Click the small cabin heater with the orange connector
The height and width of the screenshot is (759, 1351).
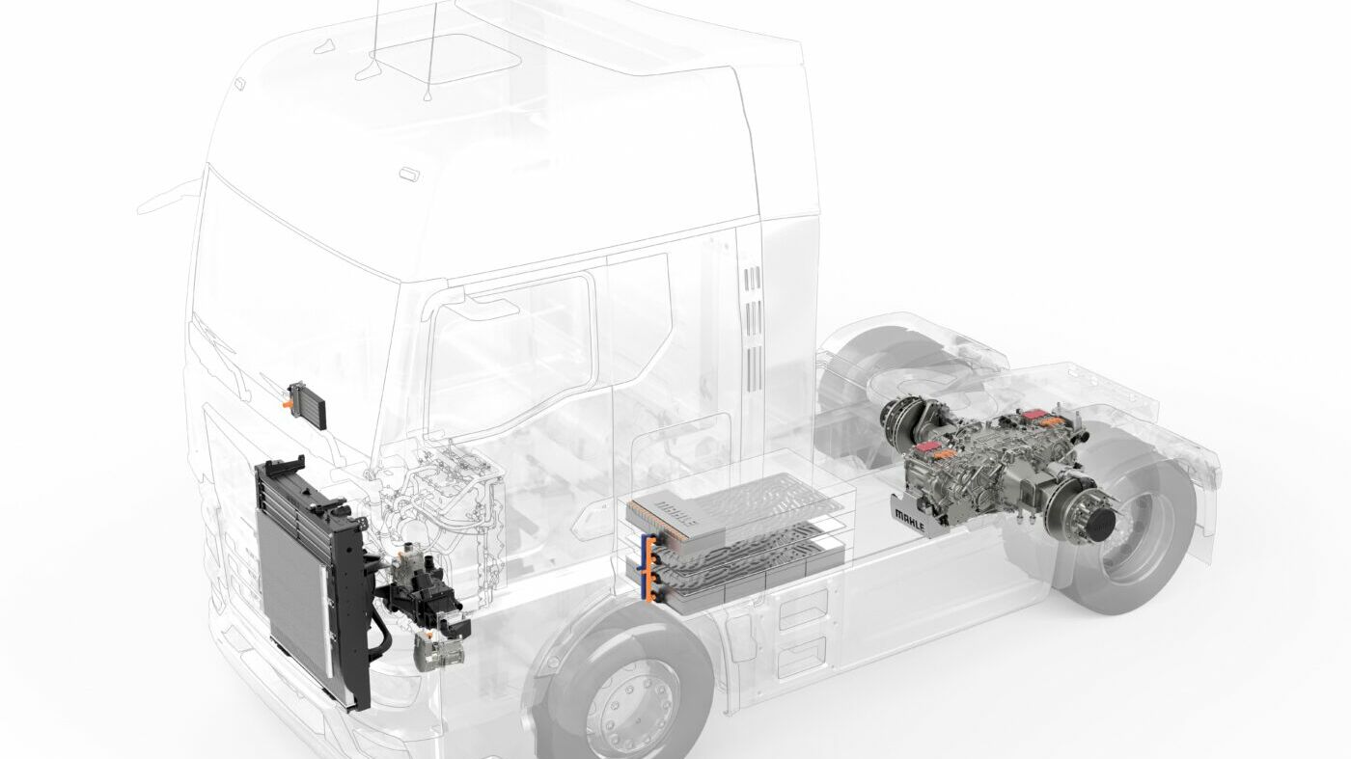click(307, 403)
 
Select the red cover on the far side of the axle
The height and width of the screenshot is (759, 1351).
click(1034, 418)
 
